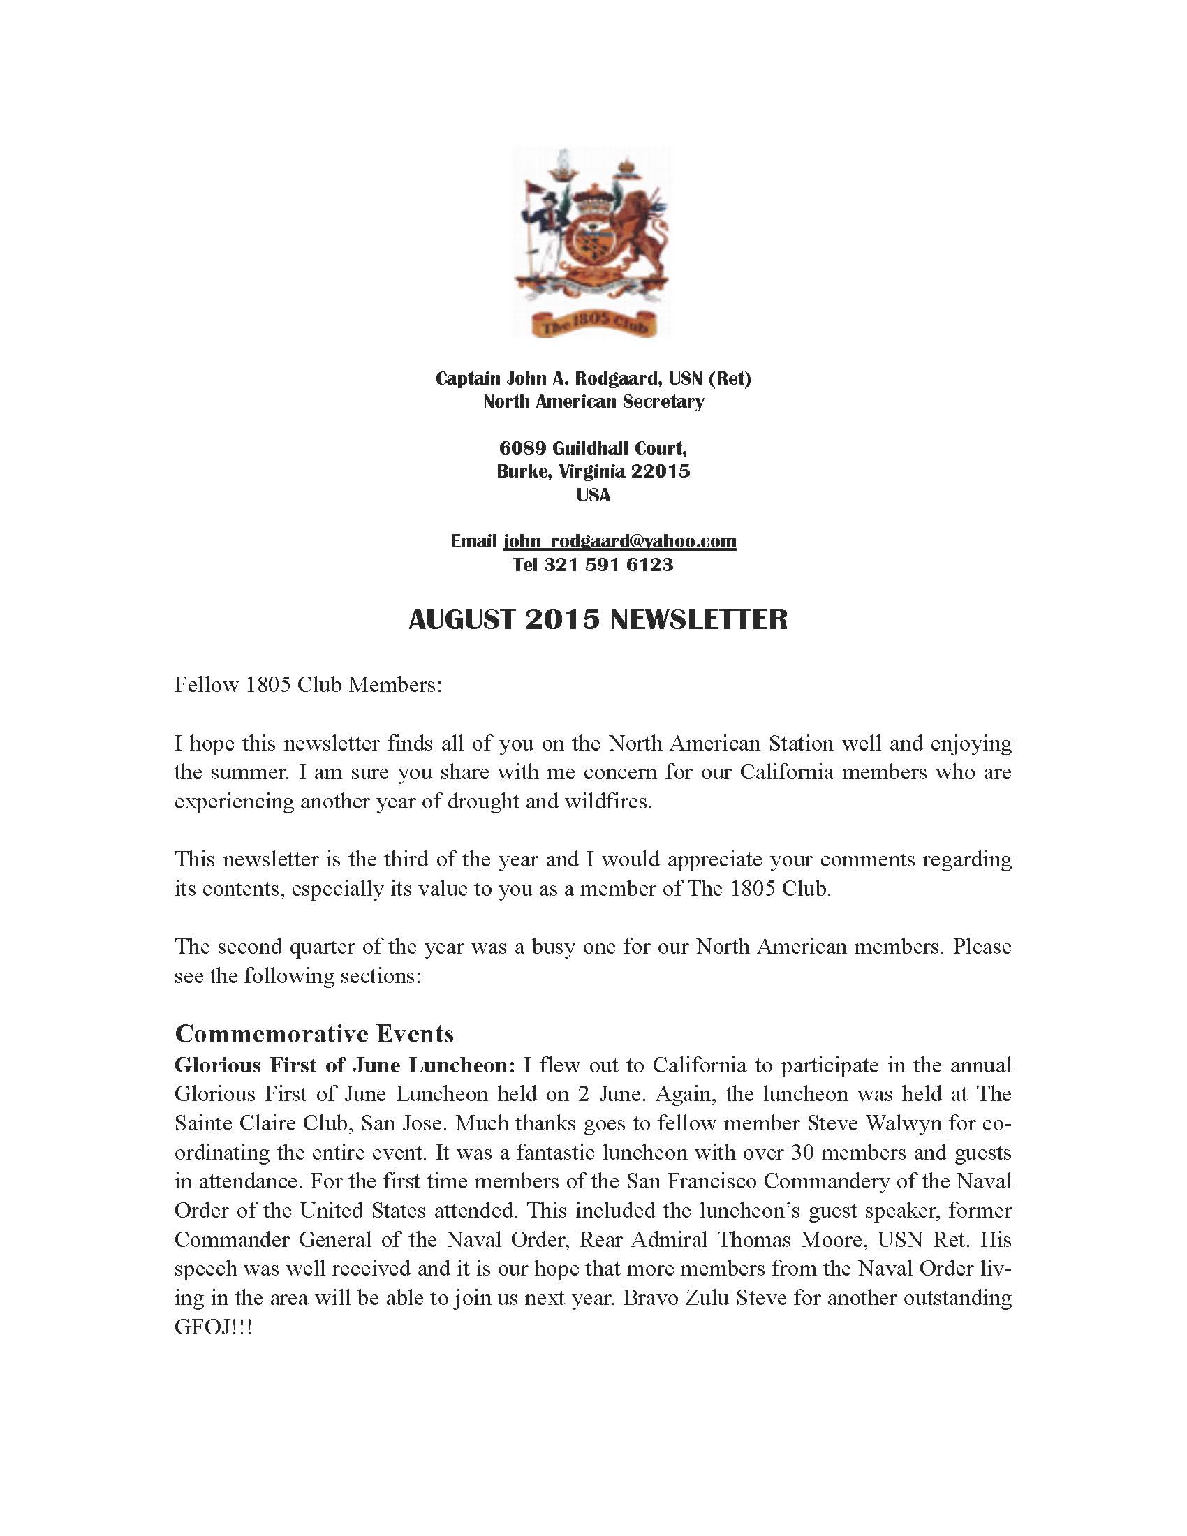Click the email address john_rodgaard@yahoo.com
pos(619,541)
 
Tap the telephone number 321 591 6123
pos(608,565)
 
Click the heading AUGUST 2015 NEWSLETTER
pos(598,619)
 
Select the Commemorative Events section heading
pos(314,1033)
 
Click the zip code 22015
pos(660,471)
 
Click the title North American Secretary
pos(593,401)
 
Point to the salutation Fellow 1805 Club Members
pos(308,684)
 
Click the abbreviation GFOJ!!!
pos(213,1327)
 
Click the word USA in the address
pos(593,495)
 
